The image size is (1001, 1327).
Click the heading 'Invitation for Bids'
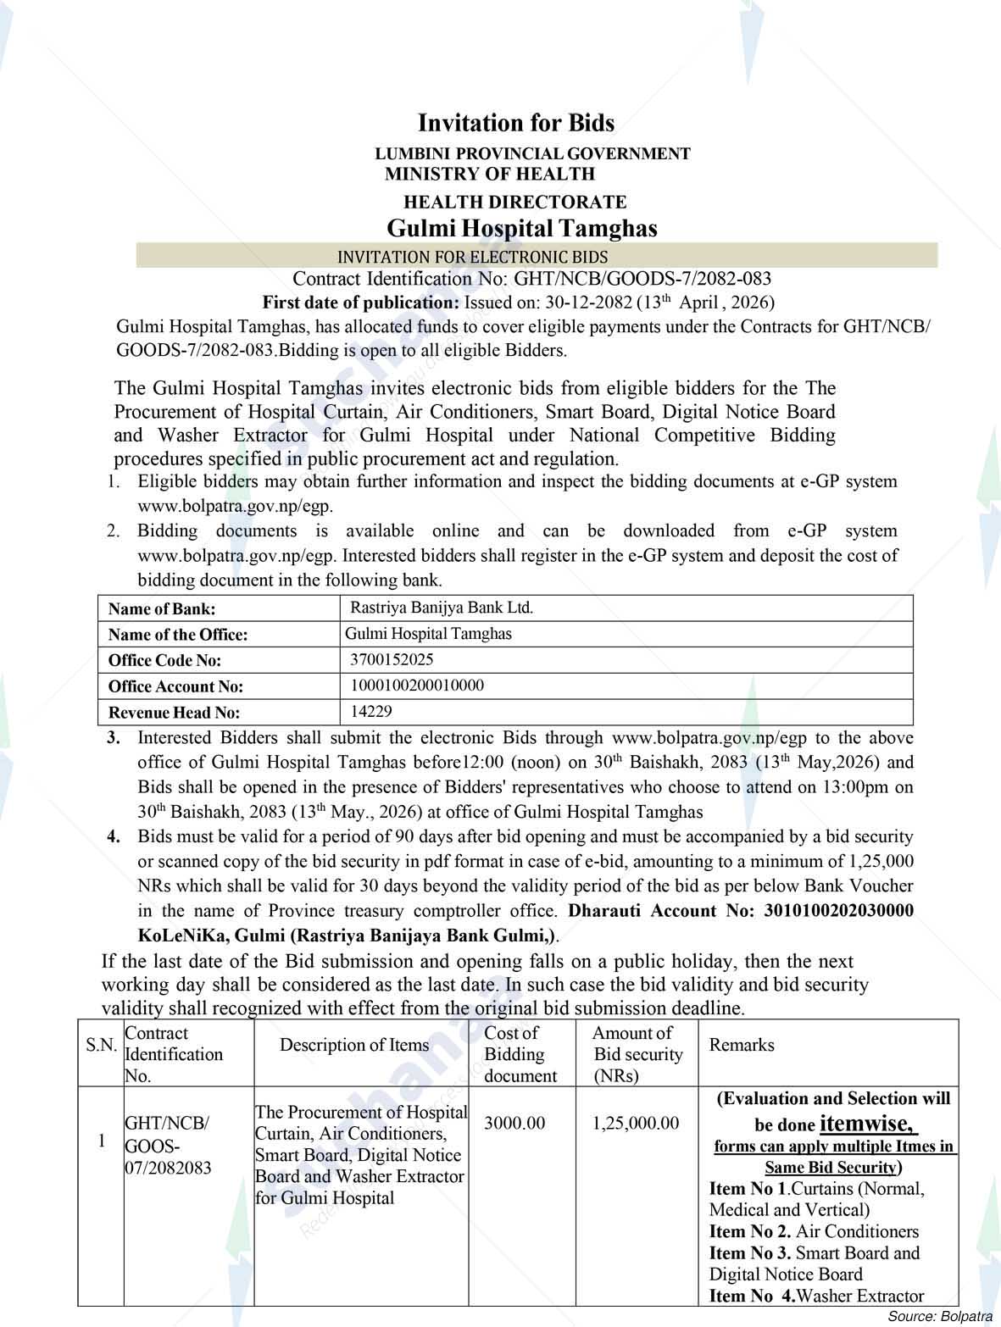[x=515, y=123]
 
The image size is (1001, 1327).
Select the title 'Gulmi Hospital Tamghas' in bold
[x=521, y=228]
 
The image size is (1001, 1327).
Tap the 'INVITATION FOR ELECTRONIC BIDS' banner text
[x=472, y=257]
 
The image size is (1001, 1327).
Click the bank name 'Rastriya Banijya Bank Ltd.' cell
[x=441, y=608]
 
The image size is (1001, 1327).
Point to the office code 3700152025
[x=391, y=659]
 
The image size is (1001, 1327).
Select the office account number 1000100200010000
[x=416, y=686]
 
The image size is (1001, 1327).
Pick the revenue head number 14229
[x=371, y=712]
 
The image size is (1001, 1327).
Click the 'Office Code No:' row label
[x=164, y=660]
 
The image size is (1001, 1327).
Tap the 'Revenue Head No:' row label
[x=174, y=713]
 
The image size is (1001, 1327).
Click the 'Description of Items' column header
[x=354, y=1045]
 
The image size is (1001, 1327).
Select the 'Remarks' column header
[x=742, y=1045]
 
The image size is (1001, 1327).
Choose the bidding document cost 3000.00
[x=514, y=1124]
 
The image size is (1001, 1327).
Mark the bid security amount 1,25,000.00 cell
[x=636, y=1124]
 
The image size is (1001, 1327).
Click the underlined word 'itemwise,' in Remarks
[x=869, y=1124]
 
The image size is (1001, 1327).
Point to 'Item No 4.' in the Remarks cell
[x=752, y=1296]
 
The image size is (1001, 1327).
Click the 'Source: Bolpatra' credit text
[x=938, y=1316]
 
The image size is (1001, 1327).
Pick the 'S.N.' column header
[x=101, y=1045]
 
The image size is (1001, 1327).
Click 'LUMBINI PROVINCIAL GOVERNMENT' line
[x=532, y=153]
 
